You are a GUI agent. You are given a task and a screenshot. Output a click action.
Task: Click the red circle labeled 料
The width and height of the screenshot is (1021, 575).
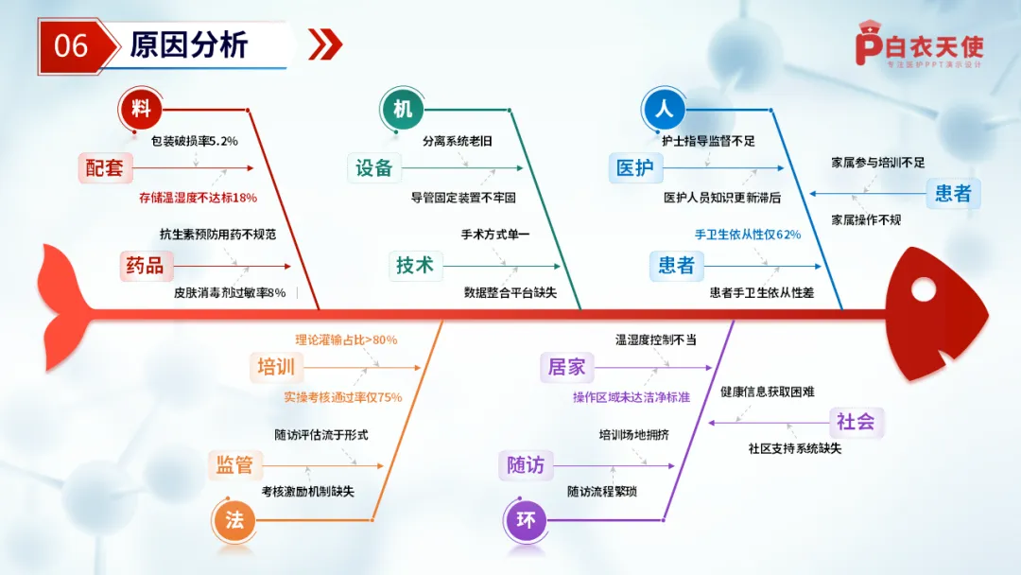(142, 109)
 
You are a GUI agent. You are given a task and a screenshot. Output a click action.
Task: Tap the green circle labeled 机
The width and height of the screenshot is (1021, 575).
(403, 109)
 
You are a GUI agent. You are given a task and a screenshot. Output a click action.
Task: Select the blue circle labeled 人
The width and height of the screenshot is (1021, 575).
(664, 109)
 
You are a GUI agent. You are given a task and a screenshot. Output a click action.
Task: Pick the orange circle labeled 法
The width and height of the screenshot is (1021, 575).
(234, 519)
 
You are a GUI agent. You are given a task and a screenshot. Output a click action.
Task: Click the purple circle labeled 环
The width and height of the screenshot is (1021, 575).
(526, 519)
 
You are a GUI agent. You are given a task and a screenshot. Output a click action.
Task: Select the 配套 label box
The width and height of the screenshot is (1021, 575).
(104, 168)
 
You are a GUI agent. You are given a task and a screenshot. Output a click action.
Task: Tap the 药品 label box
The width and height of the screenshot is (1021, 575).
(144, 266)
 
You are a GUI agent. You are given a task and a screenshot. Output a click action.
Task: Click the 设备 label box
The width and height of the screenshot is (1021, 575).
(373, 168)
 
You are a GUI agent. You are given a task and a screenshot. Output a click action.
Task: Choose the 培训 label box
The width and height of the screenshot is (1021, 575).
(276, 367)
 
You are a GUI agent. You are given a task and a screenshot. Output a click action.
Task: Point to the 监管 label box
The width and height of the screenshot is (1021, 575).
(234, 464)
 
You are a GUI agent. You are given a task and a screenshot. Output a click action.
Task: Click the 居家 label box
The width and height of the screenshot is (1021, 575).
(566, 367)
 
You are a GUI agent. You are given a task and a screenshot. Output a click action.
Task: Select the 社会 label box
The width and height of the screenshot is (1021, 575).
(856, 422)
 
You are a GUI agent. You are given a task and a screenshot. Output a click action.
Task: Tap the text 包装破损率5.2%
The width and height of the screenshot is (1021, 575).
(195, 141)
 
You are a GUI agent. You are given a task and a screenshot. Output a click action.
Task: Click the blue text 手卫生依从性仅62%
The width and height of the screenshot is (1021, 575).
(748, 235)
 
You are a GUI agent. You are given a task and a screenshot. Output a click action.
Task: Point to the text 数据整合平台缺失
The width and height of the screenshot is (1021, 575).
(510, 293)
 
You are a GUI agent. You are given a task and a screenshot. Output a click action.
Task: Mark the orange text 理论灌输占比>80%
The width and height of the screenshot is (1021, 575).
(346, 340)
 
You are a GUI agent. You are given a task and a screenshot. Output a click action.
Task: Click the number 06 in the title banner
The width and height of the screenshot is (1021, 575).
(71, 45)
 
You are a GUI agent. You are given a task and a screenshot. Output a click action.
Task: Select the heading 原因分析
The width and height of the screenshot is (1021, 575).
(188, 45)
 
